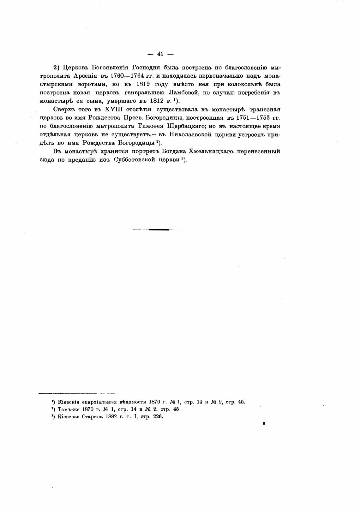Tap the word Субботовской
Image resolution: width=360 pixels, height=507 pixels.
[134, 159]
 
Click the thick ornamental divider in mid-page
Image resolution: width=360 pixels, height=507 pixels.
[159, 230]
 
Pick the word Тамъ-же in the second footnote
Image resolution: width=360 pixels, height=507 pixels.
[68, 409]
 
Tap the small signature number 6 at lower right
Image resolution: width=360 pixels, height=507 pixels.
[263, 424]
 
